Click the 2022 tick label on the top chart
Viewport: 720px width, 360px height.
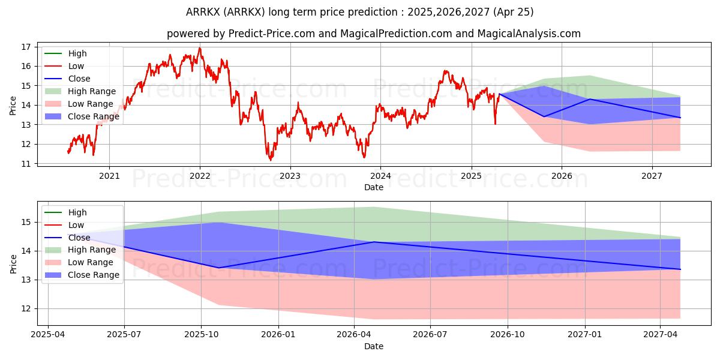[x=200, y=176]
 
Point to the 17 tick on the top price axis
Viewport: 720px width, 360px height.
[x=26, y=47]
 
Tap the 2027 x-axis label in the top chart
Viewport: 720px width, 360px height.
[x=652, y=176]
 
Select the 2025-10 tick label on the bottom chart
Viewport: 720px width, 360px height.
[x=201, y=335]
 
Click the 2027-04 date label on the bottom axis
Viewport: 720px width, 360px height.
[x=660, y=335]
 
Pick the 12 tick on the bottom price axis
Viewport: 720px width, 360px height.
[x=26, y=309]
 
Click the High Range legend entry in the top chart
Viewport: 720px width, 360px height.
[x=80, y=91]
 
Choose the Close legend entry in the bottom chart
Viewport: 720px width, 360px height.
[x=67, y=238]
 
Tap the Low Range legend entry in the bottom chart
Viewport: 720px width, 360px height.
[x=79, y=262]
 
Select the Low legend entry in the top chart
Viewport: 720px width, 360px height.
[x=64, y=66]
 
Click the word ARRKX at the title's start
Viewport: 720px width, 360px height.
[x=203, y=12]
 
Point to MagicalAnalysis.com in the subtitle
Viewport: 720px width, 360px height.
[x=529, y=34]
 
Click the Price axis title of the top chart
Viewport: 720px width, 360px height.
[x=13, y=106]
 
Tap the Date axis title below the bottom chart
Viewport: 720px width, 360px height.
[x=373, y=346]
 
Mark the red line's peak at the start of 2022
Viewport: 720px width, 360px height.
[x=200, y=48]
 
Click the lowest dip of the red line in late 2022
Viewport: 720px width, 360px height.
[x=271, y=160]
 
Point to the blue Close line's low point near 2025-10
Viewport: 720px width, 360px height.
[x=218, y=268]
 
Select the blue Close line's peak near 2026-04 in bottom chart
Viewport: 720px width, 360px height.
[x=373, y=242]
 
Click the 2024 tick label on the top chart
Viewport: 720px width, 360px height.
[x=380, y=176]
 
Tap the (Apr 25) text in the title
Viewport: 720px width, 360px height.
[x=513, y=12]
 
